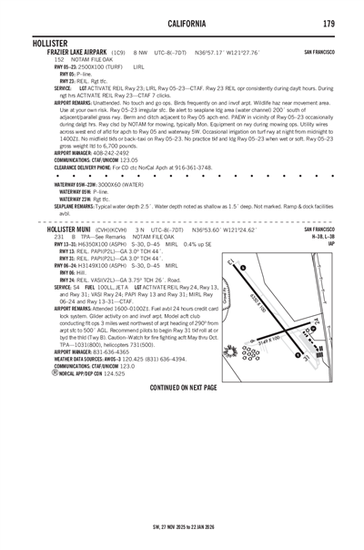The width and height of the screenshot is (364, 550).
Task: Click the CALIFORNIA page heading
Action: click(x=182, y=22)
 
